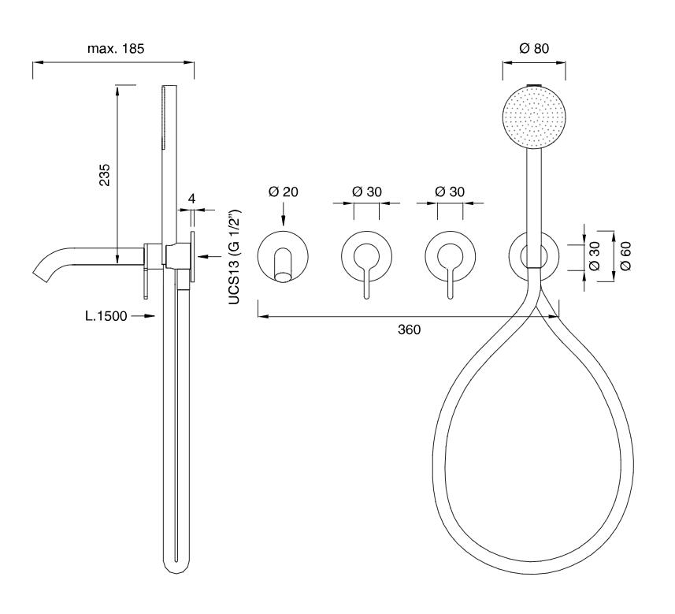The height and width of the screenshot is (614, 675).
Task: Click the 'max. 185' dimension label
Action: click(115, 48)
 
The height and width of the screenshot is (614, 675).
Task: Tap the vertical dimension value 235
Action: click(105, 174)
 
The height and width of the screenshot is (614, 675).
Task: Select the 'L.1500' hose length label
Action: click(106, 316)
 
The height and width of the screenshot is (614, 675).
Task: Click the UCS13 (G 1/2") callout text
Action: click(234, 257)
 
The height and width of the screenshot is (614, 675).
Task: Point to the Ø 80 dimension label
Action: click(534, 48)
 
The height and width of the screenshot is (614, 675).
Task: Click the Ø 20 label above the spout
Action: click(283, 192)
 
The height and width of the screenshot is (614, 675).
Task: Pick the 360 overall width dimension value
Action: click(409, 329)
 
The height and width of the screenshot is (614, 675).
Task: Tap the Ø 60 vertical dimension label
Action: click(625, 256)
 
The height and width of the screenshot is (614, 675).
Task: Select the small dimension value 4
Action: click(192, 199)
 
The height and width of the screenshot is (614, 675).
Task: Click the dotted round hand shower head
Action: click(534, 117)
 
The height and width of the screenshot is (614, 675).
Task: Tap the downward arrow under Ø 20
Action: click(283, 214)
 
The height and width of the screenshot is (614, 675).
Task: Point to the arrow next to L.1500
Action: click(143, 316)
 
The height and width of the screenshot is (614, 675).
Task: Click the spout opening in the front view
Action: click(283, 277)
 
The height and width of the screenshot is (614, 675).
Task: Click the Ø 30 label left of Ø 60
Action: click(594, 256)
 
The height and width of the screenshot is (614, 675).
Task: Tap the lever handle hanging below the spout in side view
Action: click(146, 282)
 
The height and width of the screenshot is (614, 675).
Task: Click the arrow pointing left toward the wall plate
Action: click(210, 257)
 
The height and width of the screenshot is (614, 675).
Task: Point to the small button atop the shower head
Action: click(534, 84)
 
